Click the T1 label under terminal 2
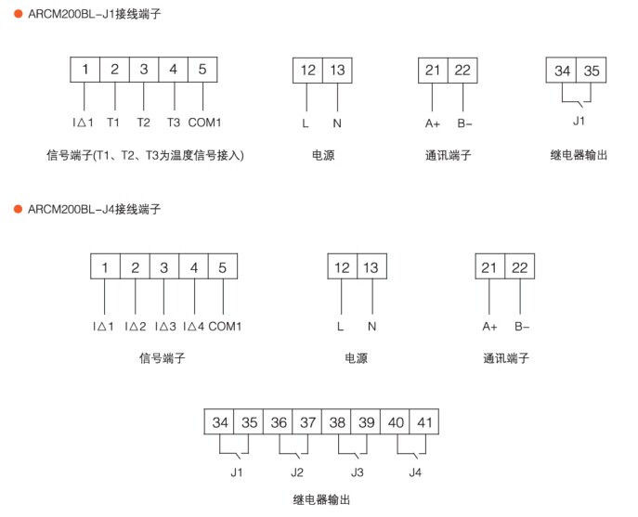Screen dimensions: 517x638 point(113,123)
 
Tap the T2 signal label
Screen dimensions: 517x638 point(143,123)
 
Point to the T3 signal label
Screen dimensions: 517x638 point(173,123)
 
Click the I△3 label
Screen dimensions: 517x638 point(164,326)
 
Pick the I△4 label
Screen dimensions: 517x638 point(193,326)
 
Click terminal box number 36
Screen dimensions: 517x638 point(279,422)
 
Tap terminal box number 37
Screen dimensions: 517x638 point(307,422)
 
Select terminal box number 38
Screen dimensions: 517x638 point(337,422)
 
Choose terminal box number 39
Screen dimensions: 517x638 point(367,422)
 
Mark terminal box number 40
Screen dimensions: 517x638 point(396,422)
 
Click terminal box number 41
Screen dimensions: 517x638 point(424,422)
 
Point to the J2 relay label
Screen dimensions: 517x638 point(296,472)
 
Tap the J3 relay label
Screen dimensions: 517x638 point(357,472)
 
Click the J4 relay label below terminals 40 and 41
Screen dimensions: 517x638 point(415,472)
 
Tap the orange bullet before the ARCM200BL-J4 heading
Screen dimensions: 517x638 point(17,210)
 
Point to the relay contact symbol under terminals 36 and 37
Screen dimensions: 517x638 point(293,451)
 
